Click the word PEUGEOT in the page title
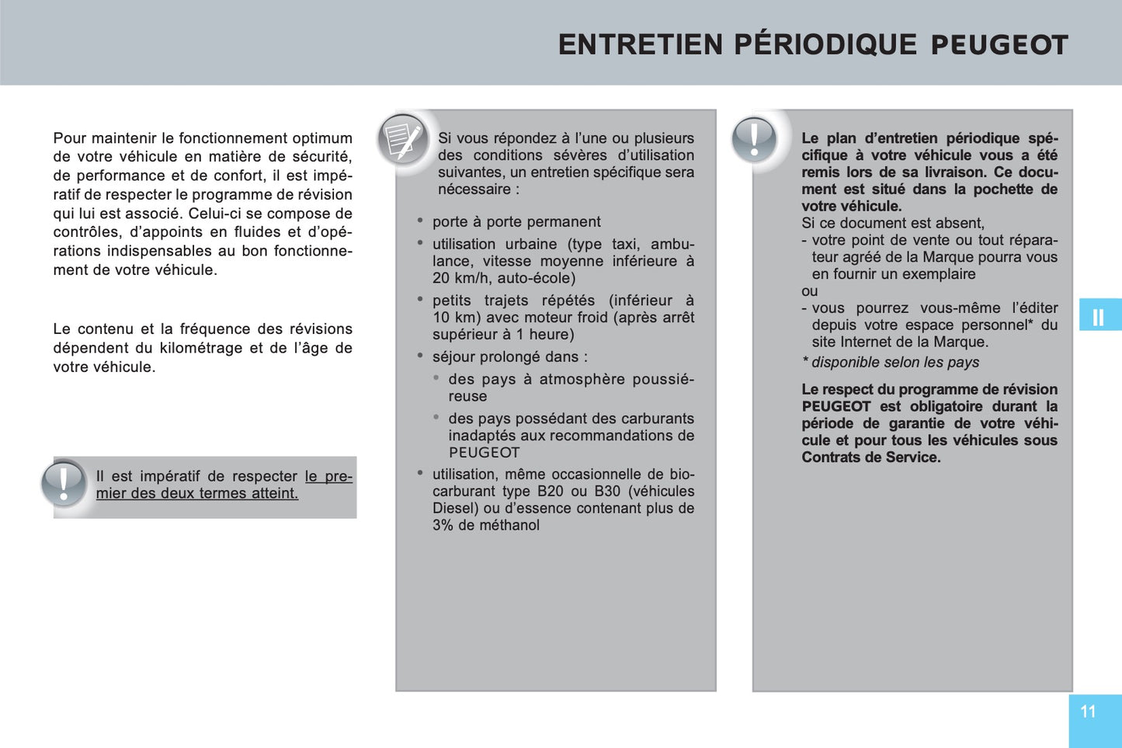(x=999, y=45)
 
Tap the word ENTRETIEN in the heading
(x=641, y=45)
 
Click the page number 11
(x=1088, y=711)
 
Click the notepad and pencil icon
(x=403, y=141)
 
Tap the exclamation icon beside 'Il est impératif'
(x=64, y=483)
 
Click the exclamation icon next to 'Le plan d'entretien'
(x=754, y=141)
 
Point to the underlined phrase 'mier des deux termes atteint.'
(x=197, y=493)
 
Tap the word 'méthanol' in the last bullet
(x=509, y=525)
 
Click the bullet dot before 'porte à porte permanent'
(x=420, y=221)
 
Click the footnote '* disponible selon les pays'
(x=891, y=362)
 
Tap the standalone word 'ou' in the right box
(x=810, y=291)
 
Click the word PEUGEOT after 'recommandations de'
(x=484, y=452)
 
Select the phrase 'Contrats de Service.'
(x=871, y=457)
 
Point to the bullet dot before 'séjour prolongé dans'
(x=420, y=356)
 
